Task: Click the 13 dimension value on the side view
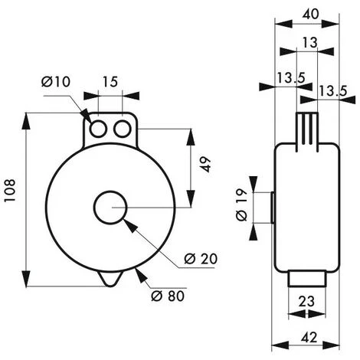[309, 43]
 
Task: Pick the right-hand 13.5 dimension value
[333, 91]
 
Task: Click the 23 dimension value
[306, 302]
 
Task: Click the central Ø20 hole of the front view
[112, 207]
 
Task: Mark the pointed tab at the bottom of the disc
[111, 279]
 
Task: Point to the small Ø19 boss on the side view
[271, 208]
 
